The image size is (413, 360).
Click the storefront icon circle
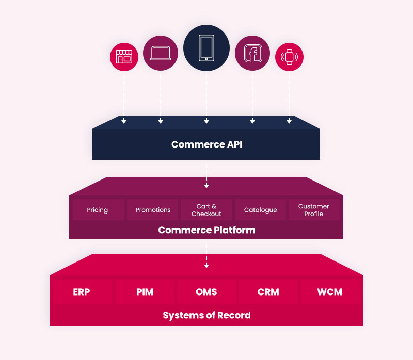[124, 57]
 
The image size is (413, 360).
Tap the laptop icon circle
[161, 54]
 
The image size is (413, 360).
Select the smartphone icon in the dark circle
[206, 48]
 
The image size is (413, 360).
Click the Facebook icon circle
[252, 54]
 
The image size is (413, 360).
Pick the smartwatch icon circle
[289, 57]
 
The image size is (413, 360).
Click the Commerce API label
[206, 144]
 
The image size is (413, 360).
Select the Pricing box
[98, 210]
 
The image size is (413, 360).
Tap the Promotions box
[153, 210]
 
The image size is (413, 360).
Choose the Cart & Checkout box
[206, 210]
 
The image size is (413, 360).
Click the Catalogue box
[260, 210]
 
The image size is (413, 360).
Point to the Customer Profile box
[314, 210]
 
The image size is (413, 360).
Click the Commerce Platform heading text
[206, 230]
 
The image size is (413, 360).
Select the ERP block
[82, 292]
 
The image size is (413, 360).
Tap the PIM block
[145, 292]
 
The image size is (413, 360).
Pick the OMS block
[206, 292]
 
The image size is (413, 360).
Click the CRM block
[268, 292]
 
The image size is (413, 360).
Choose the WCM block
[330, 292]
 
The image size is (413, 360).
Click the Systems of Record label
[206, 315]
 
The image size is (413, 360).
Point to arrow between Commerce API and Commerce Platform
[206, 175]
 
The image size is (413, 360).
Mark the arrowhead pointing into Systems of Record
[206, 266]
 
